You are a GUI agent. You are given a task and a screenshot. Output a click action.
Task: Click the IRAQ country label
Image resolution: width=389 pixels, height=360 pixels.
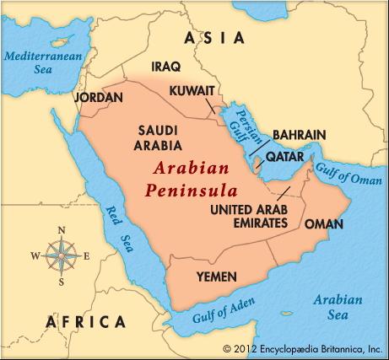point(165,66)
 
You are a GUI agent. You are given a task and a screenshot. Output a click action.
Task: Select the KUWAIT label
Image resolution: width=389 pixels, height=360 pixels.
point(191,90)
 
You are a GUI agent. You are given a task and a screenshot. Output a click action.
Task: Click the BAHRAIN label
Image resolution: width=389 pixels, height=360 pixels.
point(299,135)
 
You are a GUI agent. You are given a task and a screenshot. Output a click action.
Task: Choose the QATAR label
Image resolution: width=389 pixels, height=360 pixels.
point(284,157)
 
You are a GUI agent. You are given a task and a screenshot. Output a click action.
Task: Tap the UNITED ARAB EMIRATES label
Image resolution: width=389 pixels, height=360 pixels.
point(249,216)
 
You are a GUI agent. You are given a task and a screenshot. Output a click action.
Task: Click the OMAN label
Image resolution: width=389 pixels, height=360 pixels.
point(324,223)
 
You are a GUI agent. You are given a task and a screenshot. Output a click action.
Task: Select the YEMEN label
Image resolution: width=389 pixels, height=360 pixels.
point(217,276)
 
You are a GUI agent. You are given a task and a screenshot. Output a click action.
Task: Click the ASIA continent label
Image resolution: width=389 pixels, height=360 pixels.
point(215,38)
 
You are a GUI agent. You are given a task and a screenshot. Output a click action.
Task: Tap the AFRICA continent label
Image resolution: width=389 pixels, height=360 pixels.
point(86,321)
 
